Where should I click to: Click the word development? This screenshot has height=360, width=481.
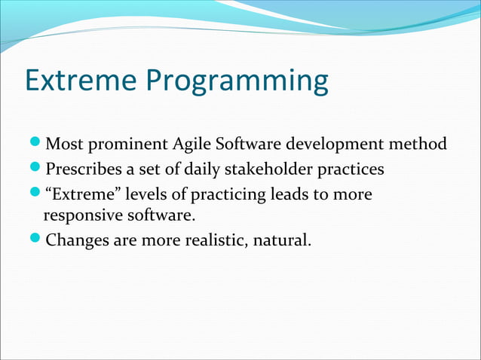point(337,144)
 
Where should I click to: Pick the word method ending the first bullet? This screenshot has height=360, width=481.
point(418,143)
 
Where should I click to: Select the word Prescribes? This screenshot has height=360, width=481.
point(83,168)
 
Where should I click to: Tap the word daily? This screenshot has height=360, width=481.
point(194,168)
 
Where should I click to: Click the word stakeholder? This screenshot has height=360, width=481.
point(265,168)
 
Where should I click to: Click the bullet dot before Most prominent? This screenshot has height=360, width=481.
point(37,144)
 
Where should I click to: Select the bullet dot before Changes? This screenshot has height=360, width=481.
point(37,241)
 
